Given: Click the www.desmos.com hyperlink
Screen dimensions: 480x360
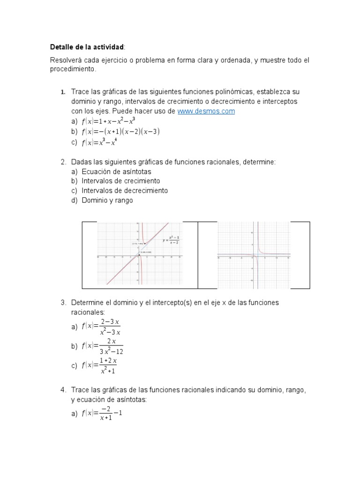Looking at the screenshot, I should (206, 111).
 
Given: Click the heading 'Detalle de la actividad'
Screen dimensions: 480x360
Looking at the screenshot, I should (87, 47).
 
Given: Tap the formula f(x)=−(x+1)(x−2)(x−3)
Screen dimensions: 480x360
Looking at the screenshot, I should (120, 132).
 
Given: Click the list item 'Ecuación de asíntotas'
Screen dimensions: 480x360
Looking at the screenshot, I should (110, 172).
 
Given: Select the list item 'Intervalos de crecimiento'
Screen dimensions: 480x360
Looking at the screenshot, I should (120, 181).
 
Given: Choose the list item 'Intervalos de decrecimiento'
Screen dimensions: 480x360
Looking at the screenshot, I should (124, 191).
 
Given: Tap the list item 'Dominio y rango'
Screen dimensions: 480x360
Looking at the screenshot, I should (107, 201).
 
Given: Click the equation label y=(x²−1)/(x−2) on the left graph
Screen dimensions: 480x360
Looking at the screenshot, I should (171, 240).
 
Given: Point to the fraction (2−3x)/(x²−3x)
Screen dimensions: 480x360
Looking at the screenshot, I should (111, 326).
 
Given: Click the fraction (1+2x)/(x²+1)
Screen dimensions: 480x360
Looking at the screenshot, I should (108, 366).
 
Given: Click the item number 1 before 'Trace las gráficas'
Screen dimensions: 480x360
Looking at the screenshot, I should (62, 92).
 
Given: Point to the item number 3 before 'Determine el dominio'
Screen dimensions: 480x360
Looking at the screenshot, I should (62, 303).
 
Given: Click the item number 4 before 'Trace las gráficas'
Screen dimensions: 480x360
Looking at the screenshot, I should (62, 390).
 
